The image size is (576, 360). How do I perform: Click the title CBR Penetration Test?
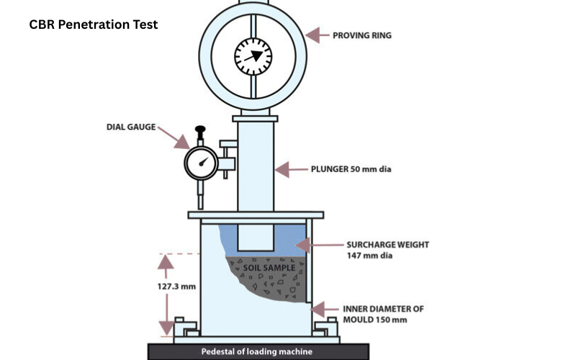[x=94, y=24]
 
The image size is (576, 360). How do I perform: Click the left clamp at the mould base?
[x=186, y=328]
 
